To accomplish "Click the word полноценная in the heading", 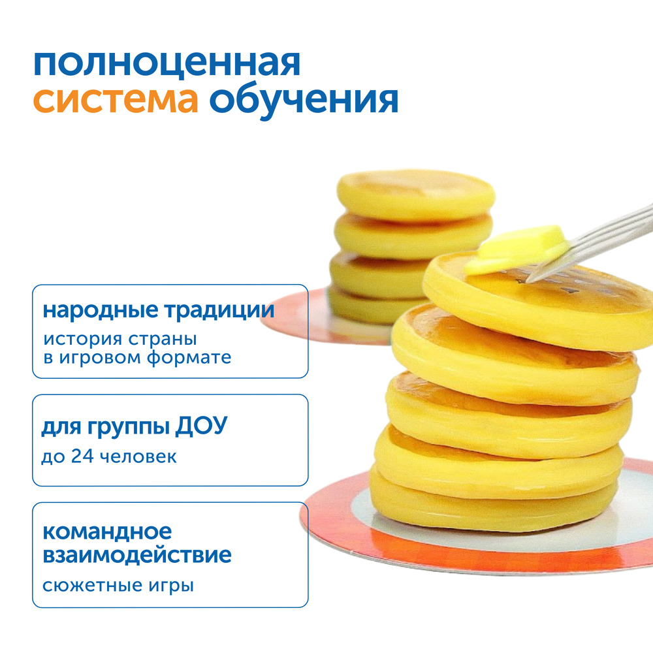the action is [167, 64].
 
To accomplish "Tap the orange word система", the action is [116, 101].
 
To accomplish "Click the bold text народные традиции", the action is [159, 310].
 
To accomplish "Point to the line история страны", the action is [120, 340].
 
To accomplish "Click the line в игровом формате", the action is [137, 358].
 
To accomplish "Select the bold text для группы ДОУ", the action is [135, 426].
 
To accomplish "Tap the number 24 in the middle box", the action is [82, 456].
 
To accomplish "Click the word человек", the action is [138, 457].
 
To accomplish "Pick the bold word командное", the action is [107, 532].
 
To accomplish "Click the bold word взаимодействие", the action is [137, 555].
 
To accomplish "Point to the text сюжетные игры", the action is [118, 586].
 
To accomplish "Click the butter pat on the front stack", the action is [517, 249].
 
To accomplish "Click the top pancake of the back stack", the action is [415, 195].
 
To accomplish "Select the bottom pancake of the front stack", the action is [494, 500].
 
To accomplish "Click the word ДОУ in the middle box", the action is [202, 425].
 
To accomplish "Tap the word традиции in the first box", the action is [219, 311].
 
